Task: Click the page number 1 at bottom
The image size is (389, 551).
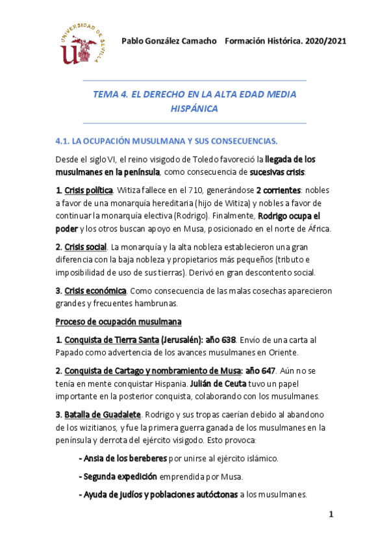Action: pyautogui.click(x=331, y=515)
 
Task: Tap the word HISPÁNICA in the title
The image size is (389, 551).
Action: pyautogui.click(x=194, y=109)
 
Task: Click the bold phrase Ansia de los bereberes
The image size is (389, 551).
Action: pyautogui.click(x=123, y=458)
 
